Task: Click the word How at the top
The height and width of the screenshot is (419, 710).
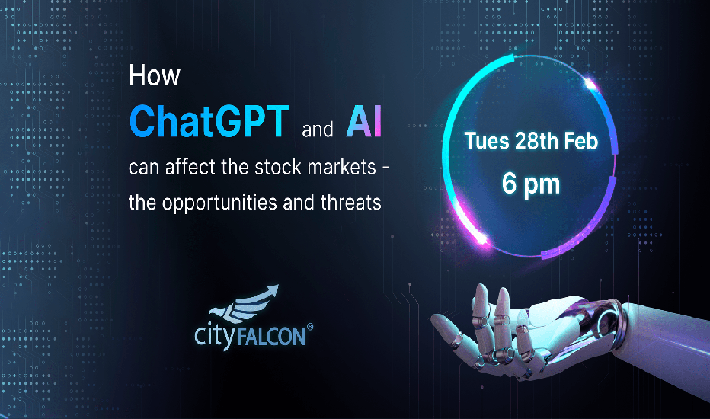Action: tap(155, 75)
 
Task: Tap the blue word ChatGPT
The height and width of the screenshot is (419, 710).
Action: tap(209, 121)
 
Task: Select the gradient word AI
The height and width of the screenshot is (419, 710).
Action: tap(364, 121)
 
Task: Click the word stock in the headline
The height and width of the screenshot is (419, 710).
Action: tap(277, 167)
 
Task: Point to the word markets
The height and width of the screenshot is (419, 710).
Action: tap(342, 167)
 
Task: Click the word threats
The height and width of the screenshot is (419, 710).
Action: tap(351, 203)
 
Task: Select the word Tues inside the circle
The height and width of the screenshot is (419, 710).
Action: tap(487, 141)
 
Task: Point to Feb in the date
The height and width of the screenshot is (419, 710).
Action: tap(581, 141)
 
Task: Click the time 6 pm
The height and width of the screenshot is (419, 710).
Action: tap(531, 185)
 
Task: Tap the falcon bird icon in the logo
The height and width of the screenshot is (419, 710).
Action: tap(245, 303)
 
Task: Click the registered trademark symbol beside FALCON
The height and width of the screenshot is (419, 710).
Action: tap(310, 327)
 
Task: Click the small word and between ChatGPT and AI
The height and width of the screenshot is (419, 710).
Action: tap(318, 130)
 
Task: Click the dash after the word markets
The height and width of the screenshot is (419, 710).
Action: tap(385, 169)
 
